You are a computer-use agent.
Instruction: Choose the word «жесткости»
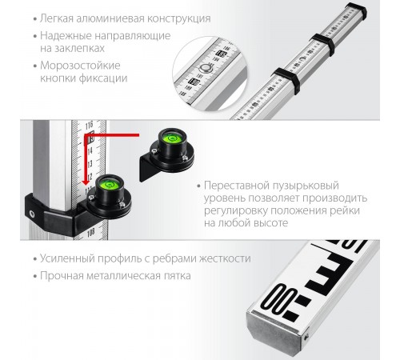coord(222,259)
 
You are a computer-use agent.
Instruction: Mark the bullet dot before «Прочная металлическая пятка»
coord(33,276)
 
